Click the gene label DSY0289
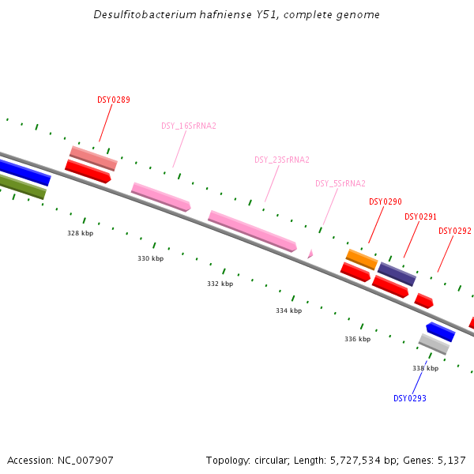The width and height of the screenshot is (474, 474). [x=114, y=100]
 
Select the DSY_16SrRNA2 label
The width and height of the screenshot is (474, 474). [x=189, y=126]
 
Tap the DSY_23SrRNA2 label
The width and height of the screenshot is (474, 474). [x=281, y=160]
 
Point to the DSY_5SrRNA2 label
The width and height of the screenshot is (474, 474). [x=340, y=183]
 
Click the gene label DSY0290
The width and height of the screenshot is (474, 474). [x=386, y=201]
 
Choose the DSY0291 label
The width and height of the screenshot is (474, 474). [x=420, y=216]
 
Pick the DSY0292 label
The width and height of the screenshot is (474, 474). [x=454, y=231]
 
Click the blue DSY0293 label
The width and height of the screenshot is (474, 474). [x=409, y=398]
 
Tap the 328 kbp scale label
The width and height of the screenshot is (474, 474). [x=80, y=233]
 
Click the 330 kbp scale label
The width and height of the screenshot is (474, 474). [x=150, y=258]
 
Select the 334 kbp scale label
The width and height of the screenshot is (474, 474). [x=288, y=310]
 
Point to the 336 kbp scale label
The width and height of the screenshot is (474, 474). [x=357, y=339]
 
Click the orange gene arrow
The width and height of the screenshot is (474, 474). [x=362, y=259]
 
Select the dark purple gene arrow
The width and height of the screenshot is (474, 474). [x=397, y=274]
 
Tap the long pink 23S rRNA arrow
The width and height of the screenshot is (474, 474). [x=252, y=231]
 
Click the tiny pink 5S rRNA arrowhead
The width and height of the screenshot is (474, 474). [x=310, y=254]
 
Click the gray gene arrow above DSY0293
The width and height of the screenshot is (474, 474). [x=434, y=344]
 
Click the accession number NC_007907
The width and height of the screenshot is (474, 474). [x=86, y=460]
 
